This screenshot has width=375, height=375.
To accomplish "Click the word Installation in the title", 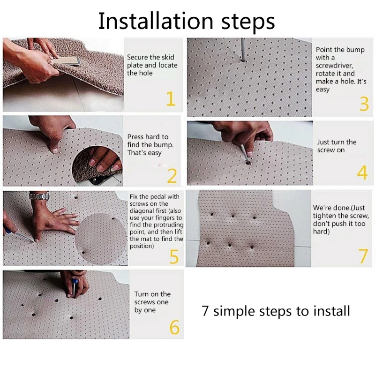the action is pyautogui.click(x=156, y=21).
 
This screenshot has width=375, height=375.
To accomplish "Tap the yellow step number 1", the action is pyautogui.click(x=171, y=98).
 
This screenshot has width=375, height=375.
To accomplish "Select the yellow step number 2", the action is pyautogui.click(x=172, y=176).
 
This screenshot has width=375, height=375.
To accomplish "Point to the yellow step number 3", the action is pyautogui.click(x=364, y=104).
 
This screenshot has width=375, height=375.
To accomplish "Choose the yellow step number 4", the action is pyautogui.click(x=362, y=172).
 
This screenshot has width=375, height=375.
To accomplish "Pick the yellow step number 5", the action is pyautogui.click(x=174, y=256).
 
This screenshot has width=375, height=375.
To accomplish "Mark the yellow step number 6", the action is pyautogui.click(x=174, y=327).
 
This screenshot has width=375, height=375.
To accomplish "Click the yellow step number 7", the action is pyautogui.click(x=363, y=255).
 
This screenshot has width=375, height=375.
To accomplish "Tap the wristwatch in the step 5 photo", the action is pyautogui.click(x=39, y=196).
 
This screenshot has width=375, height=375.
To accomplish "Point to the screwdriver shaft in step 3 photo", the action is pyautogui.click(x=243, y=50).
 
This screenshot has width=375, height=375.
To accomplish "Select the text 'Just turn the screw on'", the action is pyautogui.click(x=337, y=146).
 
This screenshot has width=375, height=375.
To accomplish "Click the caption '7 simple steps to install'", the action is pyautogui.click(x=276, y=311).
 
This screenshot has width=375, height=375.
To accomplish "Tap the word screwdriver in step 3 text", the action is pyautogui.click(x=334, y=66).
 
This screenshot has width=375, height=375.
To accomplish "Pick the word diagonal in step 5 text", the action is pyautogui.click(x=142, y=210).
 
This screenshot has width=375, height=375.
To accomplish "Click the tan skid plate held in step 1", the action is pyautogui.click(x=66, y=61).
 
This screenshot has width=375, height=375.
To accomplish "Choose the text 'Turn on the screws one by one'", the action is pyautogui.click(x=152, y=302).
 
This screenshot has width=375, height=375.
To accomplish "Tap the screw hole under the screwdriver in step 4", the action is pyautogui.click(x=248, y=163).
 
